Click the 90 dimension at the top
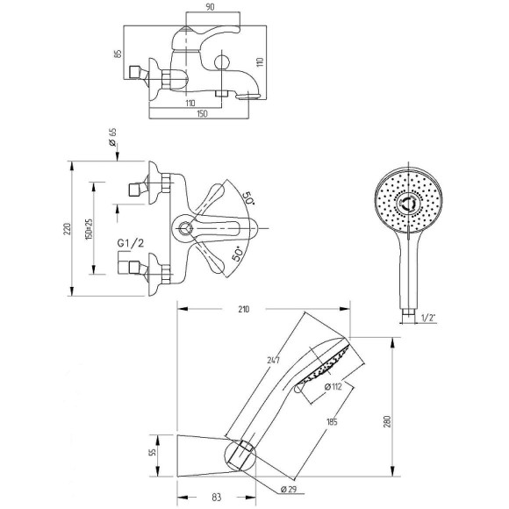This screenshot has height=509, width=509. tap(210, 7)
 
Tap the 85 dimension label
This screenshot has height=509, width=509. tap(118, 54)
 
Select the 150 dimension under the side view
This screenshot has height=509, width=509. tap(202, 114)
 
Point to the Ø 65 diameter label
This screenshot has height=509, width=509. tap(112, 137)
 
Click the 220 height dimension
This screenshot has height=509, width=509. tap(68, 229)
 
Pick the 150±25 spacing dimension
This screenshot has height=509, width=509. tap(89, 229)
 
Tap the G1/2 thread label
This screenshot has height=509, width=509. tap(130, 243)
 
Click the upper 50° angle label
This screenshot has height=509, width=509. tap(248, 197)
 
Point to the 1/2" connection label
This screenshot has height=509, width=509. tap(427, 318)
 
